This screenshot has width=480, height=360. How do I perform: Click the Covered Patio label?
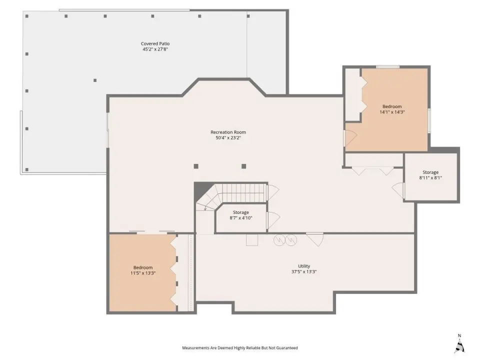coord(155,44)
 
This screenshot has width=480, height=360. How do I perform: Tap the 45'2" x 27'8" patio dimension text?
coord(155,49)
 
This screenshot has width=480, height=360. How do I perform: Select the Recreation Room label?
coord(228,132)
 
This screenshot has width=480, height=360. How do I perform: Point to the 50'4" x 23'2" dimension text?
coord(228,138)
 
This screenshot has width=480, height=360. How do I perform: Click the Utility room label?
coord(304,266)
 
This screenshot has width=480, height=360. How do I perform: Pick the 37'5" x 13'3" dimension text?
coord(304,271)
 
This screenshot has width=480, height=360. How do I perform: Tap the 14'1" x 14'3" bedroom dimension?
coord(392,112)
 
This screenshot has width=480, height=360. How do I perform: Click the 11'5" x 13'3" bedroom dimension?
coord(143,273)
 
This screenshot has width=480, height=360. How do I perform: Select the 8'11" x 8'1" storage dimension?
coord(430,177)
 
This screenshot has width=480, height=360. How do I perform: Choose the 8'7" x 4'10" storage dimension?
coord(241,218)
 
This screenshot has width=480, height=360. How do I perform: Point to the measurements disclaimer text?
coord(240,348)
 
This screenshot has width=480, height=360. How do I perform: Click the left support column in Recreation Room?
coord(196,166)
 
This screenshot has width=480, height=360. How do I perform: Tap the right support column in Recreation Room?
coord(243,166)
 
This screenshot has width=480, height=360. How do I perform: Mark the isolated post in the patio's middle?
coord(95,80)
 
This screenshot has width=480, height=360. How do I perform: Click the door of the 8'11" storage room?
coord(398,190)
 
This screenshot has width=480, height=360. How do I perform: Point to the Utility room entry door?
coord(315,239)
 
